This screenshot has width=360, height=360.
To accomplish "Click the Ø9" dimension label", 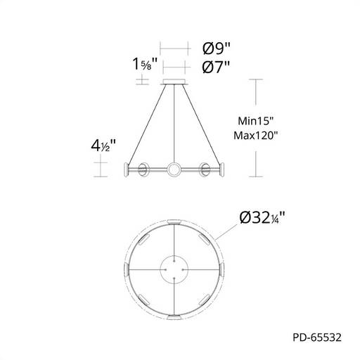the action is [217, 49].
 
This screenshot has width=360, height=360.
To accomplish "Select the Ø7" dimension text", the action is [216, 67].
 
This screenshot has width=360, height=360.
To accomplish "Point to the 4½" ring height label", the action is [103, 146].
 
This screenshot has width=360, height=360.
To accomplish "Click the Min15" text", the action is [256, 121].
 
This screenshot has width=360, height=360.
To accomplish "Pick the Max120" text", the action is [256, 136].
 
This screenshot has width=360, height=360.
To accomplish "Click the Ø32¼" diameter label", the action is [262, 218].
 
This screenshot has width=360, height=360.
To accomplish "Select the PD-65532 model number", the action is [317, 337].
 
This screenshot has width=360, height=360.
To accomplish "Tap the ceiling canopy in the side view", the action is [174, 82].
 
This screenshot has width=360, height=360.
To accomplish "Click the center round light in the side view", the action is [174, 169].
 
